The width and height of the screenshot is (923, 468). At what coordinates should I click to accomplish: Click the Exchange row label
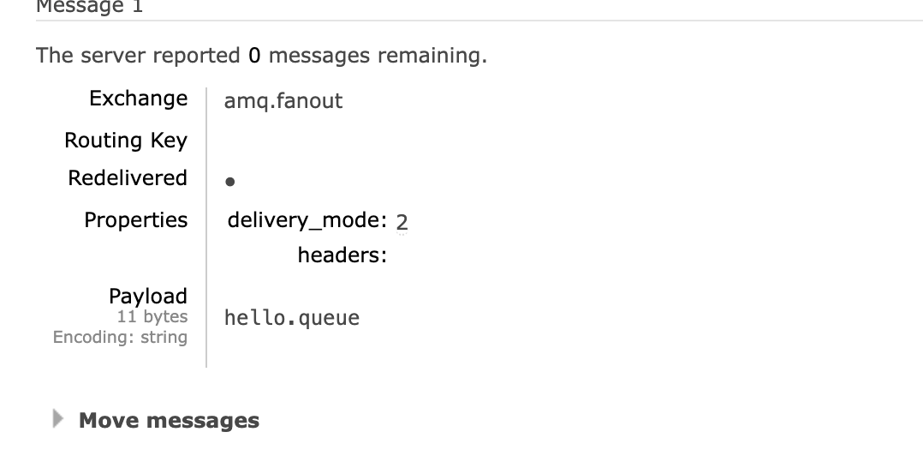pyautogui.click(x=138, y=99)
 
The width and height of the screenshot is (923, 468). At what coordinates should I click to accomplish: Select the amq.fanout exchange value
pyautogui.click(x=283, y=101)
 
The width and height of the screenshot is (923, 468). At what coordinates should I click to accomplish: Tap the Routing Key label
pyautogui.click(x=126, y=141)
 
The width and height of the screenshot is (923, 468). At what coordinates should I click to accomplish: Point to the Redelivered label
pyautogui.click(x=128, y=178)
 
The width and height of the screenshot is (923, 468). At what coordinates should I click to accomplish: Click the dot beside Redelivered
pyautogui.click(x=229, y=182)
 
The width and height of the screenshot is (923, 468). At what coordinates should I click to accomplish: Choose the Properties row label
pyautogui.click(x=135, y=220)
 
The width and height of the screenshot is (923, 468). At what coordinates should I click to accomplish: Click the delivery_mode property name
pyautogui.click(x=307, y=220)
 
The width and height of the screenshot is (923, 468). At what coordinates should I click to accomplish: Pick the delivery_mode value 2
pyautogui.click(x=402, y=222)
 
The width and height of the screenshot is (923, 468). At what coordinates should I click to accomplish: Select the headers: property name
pyautogui.click(x=342, y=255)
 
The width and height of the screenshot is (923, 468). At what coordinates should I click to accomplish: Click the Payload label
pyautogui.click(x=147, y=297)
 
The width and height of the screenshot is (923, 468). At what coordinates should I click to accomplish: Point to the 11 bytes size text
pyautogui.click(x=152, y=317)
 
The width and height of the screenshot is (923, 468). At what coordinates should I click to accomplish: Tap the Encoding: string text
pyautogui.click(x=120, y=338)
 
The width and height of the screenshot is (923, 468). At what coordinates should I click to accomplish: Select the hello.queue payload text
pyautogui.click(x=291, y=319)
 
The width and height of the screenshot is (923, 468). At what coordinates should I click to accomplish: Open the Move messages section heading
pyautogui.click(x=169, y=421)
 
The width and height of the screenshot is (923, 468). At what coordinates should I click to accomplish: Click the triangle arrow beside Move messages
pyautogui.click(x=58, y=419)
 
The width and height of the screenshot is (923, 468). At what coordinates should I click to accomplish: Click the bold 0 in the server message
pyautogui.click(x=254, y=57)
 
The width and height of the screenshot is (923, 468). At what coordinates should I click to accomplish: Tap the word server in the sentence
pyautogui.click(x=113, y=57)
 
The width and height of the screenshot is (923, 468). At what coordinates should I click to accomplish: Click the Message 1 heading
pyautogui.click(x=89, y=7)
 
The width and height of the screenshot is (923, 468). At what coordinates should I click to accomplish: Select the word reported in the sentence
pyautogui.click(x=199, y=57)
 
